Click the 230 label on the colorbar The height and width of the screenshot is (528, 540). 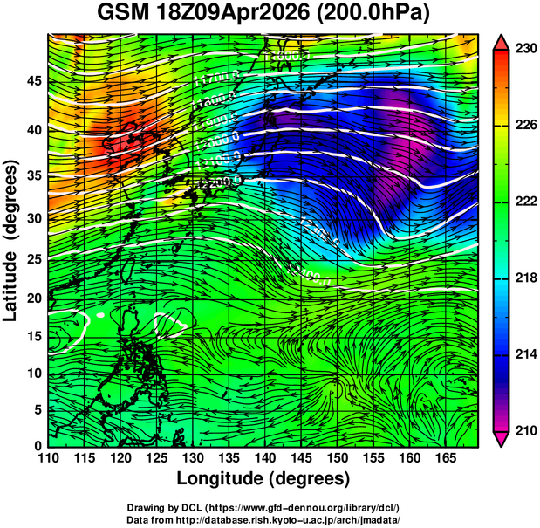point(524,49)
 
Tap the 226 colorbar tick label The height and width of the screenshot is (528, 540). point(524,126)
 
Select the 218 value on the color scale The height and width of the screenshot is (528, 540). point(524,278)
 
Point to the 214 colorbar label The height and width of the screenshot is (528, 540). point(524,354)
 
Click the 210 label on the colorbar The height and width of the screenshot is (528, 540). point(524,430)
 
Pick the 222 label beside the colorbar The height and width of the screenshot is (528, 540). point(524,202)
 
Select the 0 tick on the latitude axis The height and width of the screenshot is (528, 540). point(38,446)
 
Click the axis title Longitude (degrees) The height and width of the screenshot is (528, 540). point(263,479)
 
